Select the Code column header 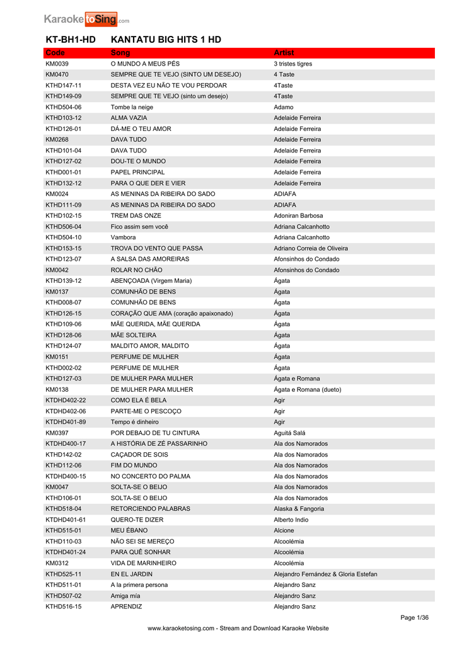pos(55,53)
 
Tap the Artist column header pos(284,53)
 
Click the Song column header pos(120,53)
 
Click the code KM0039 pos(57,64)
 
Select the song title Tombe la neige pos(132,107)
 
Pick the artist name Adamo pos(284,107)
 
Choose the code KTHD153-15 pos(63,248)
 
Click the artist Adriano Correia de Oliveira pos(311,248)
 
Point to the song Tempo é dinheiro pos(135,422)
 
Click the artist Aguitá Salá pos(289,433)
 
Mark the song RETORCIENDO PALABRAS pos(150,509)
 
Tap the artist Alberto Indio pos(291,520)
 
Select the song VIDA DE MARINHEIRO pos(144,563)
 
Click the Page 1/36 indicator pos(414,617)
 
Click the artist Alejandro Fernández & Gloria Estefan pos(325,574)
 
